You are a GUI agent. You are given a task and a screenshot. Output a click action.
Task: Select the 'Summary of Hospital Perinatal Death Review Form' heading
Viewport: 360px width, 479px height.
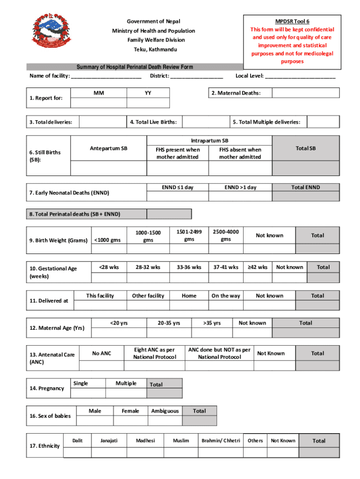point(135,67)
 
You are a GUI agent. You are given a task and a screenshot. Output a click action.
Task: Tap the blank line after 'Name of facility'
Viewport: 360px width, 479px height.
point(107,76)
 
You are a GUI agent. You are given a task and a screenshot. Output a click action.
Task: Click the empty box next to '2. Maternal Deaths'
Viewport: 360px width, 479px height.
point(305,93)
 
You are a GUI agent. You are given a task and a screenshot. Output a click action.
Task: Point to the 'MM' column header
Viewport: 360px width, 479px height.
point(99,93)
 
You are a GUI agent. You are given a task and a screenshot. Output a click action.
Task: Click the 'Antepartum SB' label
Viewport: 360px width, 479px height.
point(108,149)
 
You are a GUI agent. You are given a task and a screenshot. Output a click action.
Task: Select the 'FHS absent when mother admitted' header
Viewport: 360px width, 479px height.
point(240,153)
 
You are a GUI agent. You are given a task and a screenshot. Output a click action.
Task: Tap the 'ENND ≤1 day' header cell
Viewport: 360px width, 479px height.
point(178,188)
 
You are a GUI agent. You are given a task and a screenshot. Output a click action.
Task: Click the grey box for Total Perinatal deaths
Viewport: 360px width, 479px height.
point(169,214)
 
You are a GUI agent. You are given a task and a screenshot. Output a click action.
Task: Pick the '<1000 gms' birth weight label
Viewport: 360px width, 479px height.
point(108,240)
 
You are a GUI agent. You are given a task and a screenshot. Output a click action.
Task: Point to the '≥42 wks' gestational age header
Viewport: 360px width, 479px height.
point(258,267)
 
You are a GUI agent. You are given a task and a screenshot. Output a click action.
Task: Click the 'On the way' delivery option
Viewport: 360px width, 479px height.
point(226,296)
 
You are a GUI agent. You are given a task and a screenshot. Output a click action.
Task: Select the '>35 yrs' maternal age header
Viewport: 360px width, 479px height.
point(212,323)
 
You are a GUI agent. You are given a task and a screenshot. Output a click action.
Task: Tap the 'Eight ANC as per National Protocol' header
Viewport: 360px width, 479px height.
point(155,354)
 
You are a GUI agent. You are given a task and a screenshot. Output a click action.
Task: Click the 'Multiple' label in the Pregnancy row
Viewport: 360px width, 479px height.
point(126,384)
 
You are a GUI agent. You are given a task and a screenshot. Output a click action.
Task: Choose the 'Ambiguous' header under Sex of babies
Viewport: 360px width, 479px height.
point(165,411)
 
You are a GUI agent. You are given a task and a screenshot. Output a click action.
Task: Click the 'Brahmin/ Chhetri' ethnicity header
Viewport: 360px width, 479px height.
point(221,441)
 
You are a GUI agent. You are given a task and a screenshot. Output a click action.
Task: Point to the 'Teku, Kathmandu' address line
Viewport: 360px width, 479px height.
point(153,50)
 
